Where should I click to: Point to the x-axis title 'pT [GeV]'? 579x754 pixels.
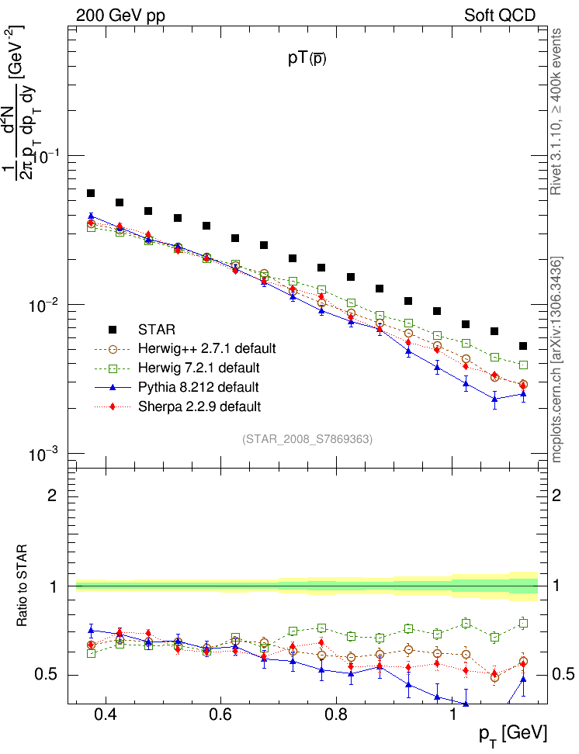512,734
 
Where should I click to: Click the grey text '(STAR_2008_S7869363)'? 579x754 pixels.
307,439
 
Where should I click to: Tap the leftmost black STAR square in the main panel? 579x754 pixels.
91,193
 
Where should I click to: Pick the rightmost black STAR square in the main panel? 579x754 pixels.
523,346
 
